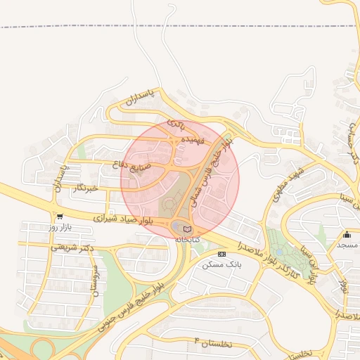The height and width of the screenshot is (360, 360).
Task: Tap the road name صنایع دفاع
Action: pyautogui.click(x=132, y=167)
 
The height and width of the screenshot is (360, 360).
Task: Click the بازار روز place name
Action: pyautogui.click(x=60, y=228)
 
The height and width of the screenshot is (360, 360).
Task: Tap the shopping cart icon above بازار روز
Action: pyautogui.click(x=60, y=217)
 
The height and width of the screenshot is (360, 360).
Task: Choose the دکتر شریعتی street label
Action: pyautogui.click(x=72, y=248)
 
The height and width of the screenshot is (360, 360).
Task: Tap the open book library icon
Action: pyautogui.click(x=186, y=229)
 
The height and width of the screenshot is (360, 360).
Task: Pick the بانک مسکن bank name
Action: pyautogui.click(x=221, y=264)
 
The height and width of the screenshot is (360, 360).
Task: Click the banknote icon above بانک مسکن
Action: pyautogui.click(x=222, y=254)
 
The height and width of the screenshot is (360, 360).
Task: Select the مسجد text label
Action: pyautogui.click(x=347, y=245)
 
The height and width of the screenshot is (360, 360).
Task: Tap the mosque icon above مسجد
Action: pyautogui.click(x=347, y=234)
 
